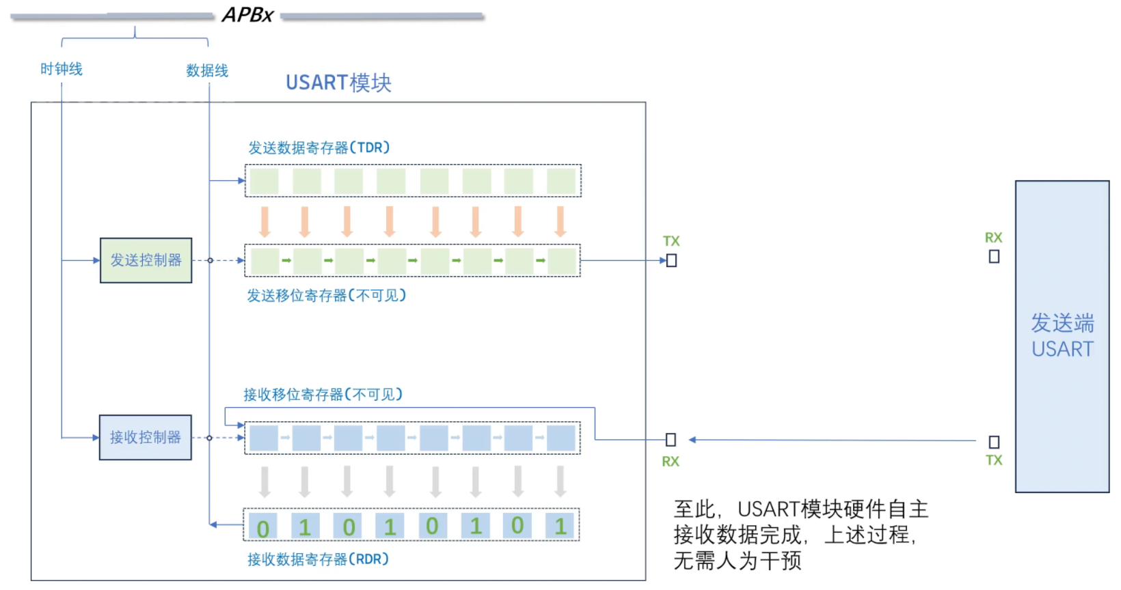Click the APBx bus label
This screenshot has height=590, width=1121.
[x=247, y=15]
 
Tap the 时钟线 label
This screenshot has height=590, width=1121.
[x=62, y=69]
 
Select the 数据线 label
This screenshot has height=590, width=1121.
[x=207, y=70]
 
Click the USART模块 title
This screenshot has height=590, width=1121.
[x=338, y=83]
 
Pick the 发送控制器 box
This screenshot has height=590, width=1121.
[x=146, y=260]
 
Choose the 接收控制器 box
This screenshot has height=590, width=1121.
[x=145, y=438]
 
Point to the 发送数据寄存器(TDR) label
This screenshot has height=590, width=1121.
[x=319, y=147]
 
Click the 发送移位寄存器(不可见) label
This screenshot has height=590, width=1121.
[x=326, y=296]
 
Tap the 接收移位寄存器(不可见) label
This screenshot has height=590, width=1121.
[x=323, y=395]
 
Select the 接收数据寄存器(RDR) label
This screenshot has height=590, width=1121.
[x=318, y=559]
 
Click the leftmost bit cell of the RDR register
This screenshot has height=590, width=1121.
[x=263, y=526]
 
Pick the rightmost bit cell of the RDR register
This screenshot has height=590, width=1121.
[x=560, y=526]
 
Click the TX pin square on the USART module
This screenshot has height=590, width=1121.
[x=672, y=260]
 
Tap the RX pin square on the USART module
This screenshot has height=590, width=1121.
[x=671, y=440]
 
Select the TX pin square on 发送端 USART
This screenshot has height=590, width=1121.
[x=994, y=442]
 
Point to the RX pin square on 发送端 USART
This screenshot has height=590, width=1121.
[x=995, y=257]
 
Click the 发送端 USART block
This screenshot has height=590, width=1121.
[x=1062, y=337]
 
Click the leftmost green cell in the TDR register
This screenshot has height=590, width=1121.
[x=265, y=181]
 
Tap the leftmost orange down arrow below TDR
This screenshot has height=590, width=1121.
[x=265, y=221]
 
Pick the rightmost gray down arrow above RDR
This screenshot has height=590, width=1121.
[x=560, y=481]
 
